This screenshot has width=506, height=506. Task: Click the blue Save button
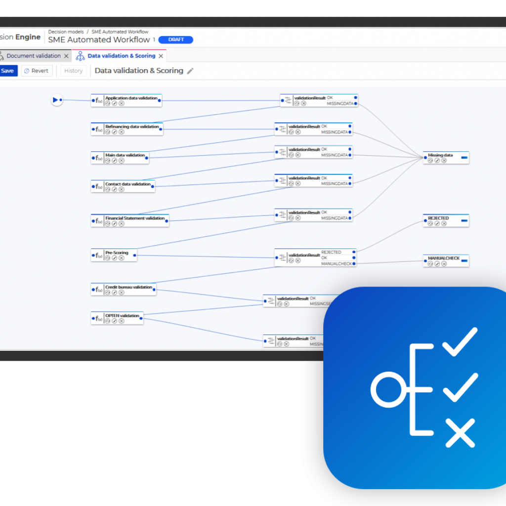point(8,71)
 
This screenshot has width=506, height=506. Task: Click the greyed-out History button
point(73,71)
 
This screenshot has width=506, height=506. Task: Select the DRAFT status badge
point(176,40)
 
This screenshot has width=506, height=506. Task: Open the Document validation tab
point(33,56)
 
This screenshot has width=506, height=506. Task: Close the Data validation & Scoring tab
point(161,56)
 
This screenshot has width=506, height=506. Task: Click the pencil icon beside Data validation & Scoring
point(190,71)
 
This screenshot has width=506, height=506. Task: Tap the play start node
point(55,100)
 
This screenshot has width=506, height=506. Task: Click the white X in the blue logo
point(460,433)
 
